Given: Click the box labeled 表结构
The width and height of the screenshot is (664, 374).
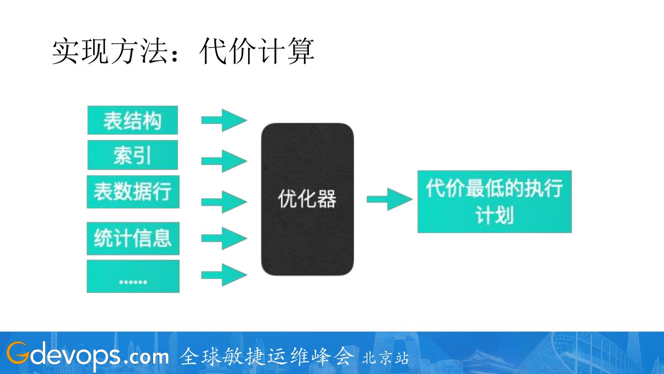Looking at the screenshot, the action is pyautogui.click(x=132, y=120).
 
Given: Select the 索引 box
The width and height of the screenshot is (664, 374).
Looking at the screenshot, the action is pyautogui.click(x=132, y=155).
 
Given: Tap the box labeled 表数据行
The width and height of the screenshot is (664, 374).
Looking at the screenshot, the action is pyautogui.click(x=133, y=191).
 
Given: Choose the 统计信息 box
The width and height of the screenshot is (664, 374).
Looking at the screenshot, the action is pyautogui.click(x=133, y=238).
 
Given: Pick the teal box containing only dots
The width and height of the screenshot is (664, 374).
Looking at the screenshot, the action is pyautogui.click(x=133, y=276).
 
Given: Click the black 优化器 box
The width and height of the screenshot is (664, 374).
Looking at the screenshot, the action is pyautogui.click(x=307, y=199).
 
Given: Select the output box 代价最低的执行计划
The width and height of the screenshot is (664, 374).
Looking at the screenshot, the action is pyautogui.click(x=494, y=202).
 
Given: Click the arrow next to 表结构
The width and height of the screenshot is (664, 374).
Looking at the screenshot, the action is pyautogui.click(x=224, y=120).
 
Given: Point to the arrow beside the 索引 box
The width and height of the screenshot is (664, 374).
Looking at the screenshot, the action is pyautogui.click(x=224, y=161).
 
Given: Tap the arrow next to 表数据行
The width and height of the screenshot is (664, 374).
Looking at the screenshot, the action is pyautogui.click(x=224, y=202).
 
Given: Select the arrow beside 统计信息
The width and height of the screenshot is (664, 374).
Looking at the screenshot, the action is pyautogui.click(x=224, y=238).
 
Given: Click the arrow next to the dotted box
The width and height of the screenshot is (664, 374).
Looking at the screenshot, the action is pyautogui.click(x=224, y=275).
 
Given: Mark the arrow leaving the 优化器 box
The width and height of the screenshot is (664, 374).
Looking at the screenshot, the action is pyautogui.click(x=389, y=199).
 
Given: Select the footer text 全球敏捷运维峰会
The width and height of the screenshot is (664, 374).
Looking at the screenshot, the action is pyautogui.click(x=267, y=356).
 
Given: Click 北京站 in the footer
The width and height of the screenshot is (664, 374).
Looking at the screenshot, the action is pyautogui.click(x=385, y=358).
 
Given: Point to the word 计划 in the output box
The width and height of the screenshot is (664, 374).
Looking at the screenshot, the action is pyautogui.click(x=494, y=215).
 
